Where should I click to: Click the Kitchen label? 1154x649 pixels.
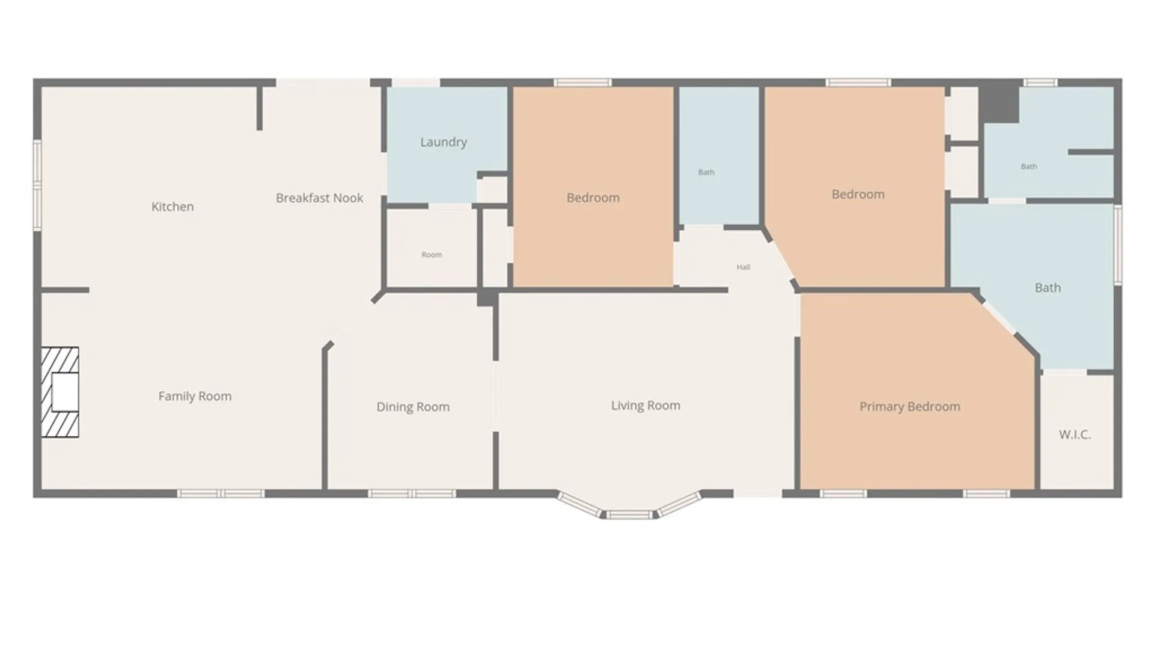point(172,207)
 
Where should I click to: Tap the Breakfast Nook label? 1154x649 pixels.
point(319,198)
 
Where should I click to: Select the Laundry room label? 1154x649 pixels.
point(444,142)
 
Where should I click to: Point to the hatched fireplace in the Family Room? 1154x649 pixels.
point(60,392)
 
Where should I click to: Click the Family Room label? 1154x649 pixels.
point(195,396)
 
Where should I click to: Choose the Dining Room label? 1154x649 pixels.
point(413,407)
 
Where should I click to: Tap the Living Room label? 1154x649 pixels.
point(646,406)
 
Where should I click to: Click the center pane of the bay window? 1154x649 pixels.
point(627,514)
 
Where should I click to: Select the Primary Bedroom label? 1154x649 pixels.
point(909,407)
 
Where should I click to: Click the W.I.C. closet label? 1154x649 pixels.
point(1075,434)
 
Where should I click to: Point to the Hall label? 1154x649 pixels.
point(743,267)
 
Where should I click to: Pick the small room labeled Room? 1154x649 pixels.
point(432,255)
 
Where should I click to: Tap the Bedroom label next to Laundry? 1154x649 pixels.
point(593,198)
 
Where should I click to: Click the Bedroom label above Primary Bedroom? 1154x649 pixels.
point(858,194)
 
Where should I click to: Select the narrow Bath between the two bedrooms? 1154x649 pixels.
point(706,172)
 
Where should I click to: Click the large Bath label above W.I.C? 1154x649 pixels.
point(1048,288)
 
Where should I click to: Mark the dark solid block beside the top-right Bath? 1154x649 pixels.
point(999,104)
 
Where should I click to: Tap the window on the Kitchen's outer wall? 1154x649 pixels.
point(37,185)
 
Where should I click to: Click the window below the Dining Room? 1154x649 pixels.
point(412,494)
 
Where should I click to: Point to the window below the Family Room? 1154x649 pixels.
point(221,494)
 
